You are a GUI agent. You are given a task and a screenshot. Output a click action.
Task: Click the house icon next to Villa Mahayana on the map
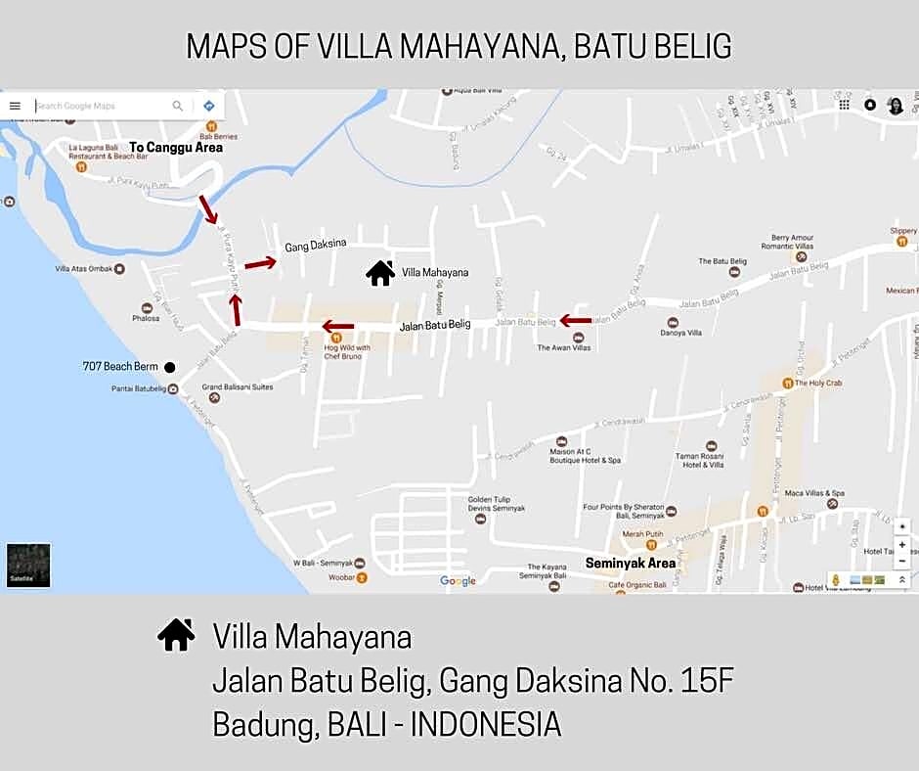coord(380,272)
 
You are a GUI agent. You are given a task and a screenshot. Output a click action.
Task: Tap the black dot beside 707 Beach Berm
coord(169,367)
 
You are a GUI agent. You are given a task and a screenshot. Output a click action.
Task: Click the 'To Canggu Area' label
coord(176,148)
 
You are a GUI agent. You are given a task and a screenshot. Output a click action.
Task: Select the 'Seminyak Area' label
coord(631,563)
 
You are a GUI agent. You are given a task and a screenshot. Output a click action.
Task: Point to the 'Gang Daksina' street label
coord(316,247)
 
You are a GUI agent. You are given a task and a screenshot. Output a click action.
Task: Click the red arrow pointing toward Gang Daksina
coord(260,262)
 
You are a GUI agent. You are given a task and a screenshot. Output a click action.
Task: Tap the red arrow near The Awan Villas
coord(576,320)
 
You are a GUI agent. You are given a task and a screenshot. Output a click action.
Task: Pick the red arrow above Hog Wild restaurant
coord(338,327)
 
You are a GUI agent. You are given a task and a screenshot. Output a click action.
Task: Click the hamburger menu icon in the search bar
coord(15,106)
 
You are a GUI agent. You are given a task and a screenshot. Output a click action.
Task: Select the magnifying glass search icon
coord(178,106)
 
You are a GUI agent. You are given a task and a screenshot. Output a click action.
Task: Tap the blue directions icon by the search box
coord(208,106)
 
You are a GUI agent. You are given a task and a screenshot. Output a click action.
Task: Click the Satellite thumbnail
coord(28,566)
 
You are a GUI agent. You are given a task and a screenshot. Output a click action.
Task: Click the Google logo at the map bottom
coord(458,581)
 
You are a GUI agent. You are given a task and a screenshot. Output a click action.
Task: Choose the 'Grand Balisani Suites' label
coord(238,386)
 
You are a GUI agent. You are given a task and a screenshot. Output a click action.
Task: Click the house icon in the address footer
coord(176,635)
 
